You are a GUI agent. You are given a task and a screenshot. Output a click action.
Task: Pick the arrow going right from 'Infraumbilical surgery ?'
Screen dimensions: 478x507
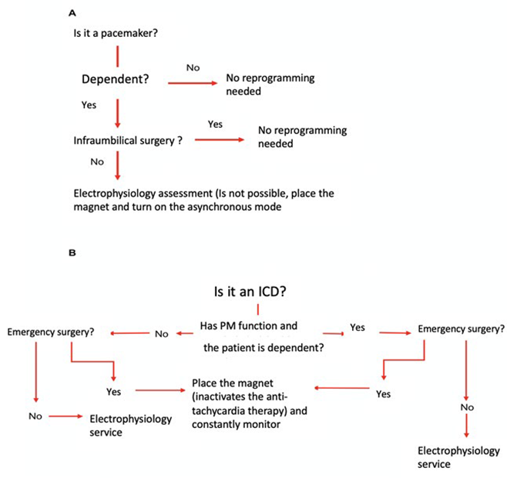219,140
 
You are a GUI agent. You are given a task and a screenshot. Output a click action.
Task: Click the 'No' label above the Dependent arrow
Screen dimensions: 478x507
193,68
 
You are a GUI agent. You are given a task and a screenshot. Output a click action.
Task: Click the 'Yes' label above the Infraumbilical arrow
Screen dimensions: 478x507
217,123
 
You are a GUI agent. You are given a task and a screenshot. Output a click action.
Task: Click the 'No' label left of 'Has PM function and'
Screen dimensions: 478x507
162,334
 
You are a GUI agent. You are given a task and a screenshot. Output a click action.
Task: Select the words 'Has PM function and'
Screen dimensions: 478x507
248,326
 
